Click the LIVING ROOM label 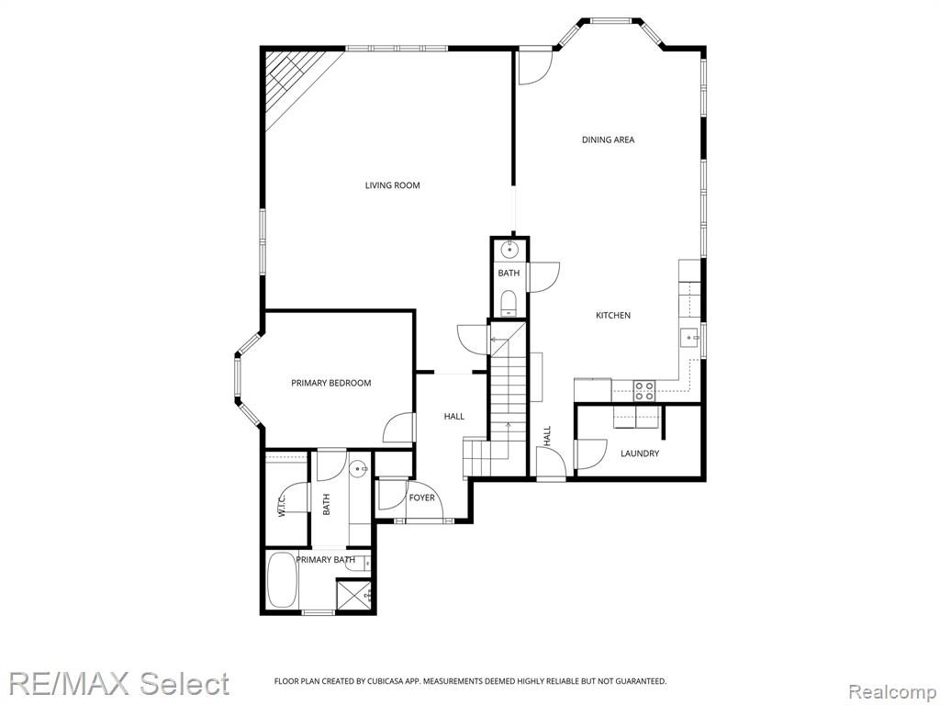[393, 185]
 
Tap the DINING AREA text [608, 140]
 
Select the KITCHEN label [612, 316]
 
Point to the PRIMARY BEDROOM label [330, 383]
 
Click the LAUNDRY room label [640, 453]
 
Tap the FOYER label [422, 498]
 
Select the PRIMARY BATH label [326, 560]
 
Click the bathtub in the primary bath [282, 580]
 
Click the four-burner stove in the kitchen [644, 391]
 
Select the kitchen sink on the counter [689, 338]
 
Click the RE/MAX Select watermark [118, 683]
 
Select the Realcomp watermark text [892, 693]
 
